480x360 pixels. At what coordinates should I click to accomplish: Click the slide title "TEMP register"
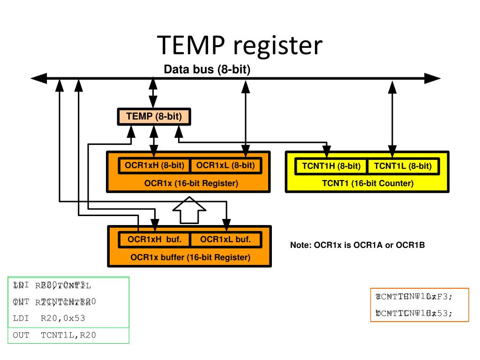point(240,45)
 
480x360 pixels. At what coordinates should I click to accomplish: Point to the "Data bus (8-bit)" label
point(207,70)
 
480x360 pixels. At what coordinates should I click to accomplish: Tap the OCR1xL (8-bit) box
point(225,165)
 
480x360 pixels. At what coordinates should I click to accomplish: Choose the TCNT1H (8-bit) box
point(331,166)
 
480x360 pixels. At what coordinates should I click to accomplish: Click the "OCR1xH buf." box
point(154,240)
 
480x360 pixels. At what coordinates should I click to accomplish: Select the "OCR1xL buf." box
point(225,240)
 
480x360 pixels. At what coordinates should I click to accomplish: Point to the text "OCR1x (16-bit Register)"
point(191,184)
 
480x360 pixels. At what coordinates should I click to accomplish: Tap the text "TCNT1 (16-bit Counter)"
point(367,183)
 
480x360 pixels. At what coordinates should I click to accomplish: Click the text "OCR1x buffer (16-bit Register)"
point(190,257)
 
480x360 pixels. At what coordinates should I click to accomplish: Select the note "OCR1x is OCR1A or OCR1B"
point(357,245)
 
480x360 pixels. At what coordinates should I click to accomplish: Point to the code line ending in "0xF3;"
point(414,296)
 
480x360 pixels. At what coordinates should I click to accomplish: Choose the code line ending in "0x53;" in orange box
point(414,313)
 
